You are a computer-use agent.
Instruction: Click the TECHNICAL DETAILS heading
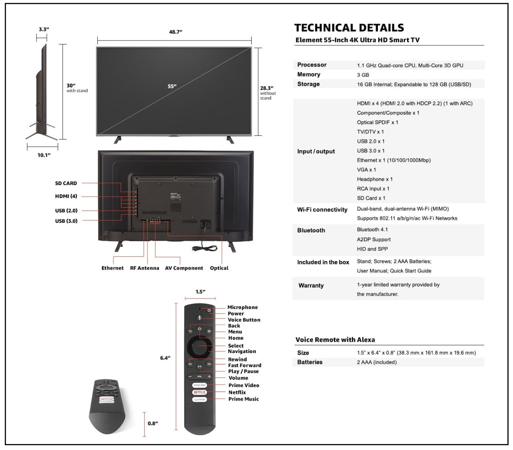pyautogui.click(x=349, y=28)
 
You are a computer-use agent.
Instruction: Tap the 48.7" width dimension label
pyautogui.click(x=176, y=32)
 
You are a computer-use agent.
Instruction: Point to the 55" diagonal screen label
pyautogui.click(x=172, y=86)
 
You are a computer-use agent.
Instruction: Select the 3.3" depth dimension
pyautogui.click(x=44, y=29)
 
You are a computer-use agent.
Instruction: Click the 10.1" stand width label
pyautogui.click(x=44, y=155)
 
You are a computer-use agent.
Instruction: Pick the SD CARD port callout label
pyautogui.click(x=66, y=183)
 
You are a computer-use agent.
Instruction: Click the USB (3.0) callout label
pyautogui.click(x=66, y=221)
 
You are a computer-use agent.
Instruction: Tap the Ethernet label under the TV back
pyautogui.click(x=112, y=268)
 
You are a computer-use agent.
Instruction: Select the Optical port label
pyautogui.click(x=219, y=268)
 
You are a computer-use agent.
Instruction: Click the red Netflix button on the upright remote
pyautogui.click(x=200, y=392)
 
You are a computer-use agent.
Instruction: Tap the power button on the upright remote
pyautogui.click(x=209, y=311)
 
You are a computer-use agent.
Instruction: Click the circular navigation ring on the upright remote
pyautogui.click(x=200, y=348)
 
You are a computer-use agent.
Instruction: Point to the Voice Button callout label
pyautogui.click(x=244, y=320)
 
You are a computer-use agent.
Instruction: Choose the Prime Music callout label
pyautogui.click(x=244, y=399)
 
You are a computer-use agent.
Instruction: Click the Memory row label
pyautogui.click(x=309, y=75)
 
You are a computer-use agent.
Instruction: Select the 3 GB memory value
pyautogui.click(x=363, y=75)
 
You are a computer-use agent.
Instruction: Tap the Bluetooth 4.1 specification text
pyautogui.click(x=372, y=230)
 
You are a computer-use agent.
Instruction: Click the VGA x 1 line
pyautogui.click(x=366, y=170)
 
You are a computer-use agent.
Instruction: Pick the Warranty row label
pyautogui.click(x=311, y=286)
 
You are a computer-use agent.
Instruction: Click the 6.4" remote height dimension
pyautogui.click(x=165, y=358)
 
